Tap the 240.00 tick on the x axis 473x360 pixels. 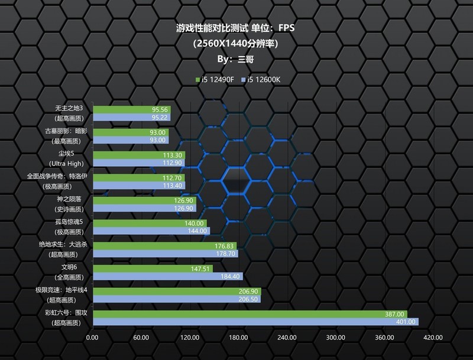point(286,338)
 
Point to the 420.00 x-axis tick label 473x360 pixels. point(432,338)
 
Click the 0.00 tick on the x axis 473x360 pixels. point(92,338)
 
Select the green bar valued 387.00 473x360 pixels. point(248,314)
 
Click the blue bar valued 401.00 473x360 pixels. point(254,322)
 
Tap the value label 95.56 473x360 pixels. point(160,110)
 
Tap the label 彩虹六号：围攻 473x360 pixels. point(66,313)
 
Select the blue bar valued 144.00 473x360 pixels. point(151,231)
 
